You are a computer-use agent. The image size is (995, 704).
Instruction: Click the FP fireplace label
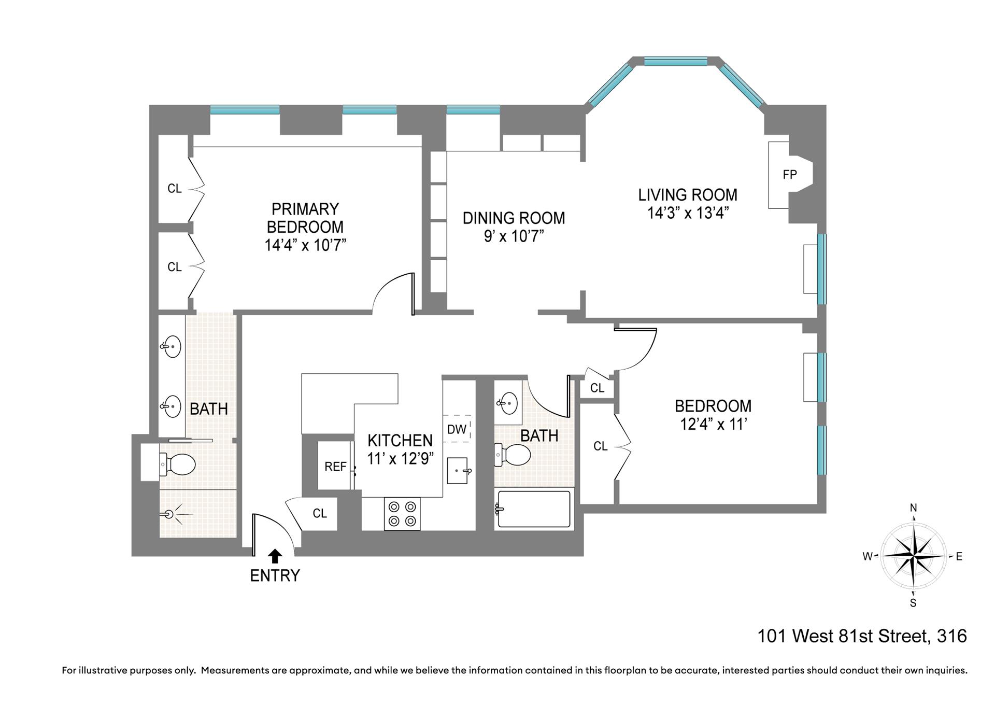click(789, 175)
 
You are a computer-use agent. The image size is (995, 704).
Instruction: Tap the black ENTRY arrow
click(275, 556)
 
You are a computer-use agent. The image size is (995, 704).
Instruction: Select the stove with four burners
click(402, 514)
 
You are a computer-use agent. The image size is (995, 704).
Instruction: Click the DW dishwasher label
click(457, 429)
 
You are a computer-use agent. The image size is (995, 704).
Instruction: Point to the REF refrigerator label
click(335, 467)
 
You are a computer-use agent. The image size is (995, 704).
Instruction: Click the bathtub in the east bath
click(534, 509)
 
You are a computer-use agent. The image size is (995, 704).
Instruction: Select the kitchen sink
click(457, 470)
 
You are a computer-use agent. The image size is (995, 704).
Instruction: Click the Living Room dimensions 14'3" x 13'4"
click(688, 213)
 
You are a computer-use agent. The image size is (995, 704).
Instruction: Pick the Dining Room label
click(514, 218)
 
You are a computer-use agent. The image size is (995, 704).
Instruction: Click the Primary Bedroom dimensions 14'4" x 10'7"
click(305, 245)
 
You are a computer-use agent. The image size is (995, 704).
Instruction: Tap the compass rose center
click(914, 556)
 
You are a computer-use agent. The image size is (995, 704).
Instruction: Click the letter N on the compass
click(914, 508)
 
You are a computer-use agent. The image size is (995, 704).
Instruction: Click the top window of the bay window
click(675, 61)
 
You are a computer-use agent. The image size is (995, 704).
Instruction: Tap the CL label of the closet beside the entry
click(320, 513)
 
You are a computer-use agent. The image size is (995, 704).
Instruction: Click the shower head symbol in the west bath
click(170, 514)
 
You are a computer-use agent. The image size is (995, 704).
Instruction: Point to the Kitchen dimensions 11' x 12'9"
click(400, 459)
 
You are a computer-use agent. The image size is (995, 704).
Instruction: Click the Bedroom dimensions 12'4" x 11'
click(713, 425)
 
